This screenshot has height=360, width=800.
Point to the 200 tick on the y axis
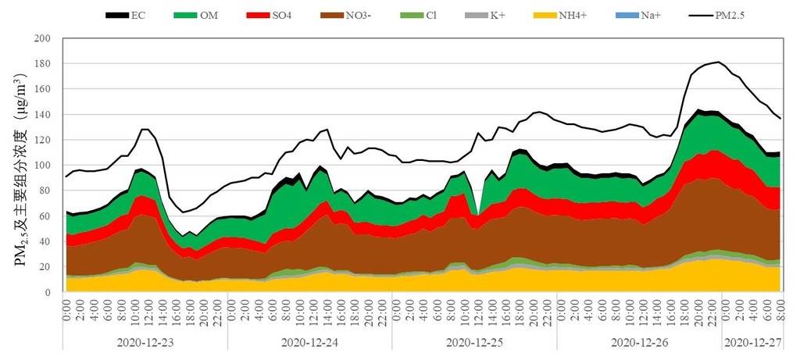43,38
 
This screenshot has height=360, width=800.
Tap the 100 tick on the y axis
43,166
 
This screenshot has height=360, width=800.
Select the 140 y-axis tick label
43,115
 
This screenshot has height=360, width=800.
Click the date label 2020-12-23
145,342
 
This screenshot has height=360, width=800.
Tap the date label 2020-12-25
475,342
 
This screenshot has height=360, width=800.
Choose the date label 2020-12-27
752,342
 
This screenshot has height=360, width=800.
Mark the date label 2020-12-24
310,342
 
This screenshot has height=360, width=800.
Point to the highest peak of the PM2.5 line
718,62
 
